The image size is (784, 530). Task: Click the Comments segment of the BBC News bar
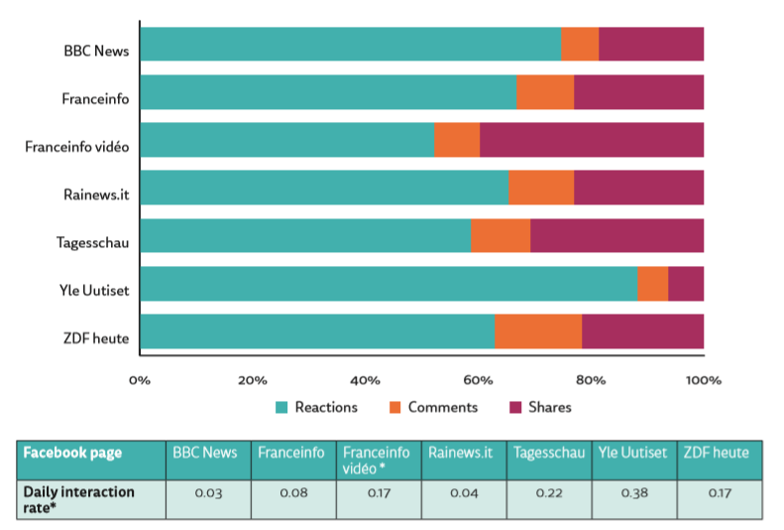(x=580, y=45)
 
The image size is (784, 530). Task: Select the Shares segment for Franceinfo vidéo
(x=592, y=140)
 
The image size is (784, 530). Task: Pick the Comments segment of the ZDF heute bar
(x=538, y=331)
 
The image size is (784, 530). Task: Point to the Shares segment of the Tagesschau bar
(x=616, y=236)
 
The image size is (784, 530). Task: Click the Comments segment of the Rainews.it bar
(x=541, y=188)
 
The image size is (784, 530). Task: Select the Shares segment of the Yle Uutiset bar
(x=686, y=284)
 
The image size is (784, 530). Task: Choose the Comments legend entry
(x=432, y=407)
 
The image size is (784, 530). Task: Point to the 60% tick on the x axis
(x=479, y=379)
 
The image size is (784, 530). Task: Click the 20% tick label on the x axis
(x=253, y=379)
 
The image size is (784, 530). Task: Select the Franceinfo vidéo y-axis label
(x=77, y=147)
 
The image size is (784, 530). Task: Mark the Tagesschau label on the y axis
(x=93, y=242)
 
